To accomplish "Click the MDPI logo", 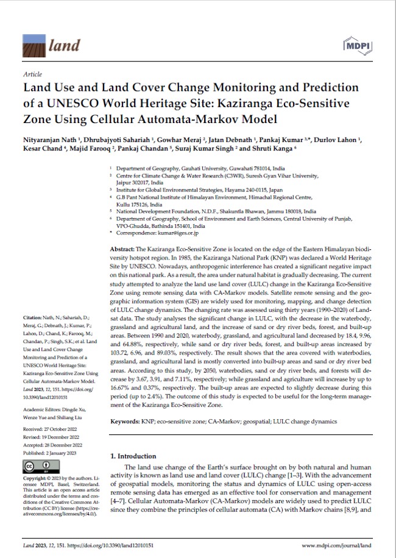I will coord(359,46).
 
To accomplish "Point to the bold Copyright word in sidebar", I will coord(35,478).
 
